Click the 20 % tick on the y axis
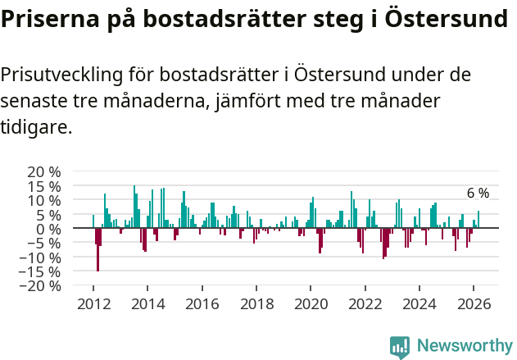click(44, 171)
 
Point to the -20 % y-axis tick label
click(41, 286)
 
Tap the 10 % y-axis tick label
click(44, 200)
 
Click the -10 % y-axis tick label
click(41, 257)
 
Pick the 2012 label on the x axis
click(93, 303)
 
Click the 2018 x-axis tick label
click(256, 303)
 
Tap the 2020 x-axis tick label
click(311, 303)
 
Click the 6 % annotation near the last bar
click(478, 194)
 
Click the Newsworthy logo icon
click(400, 347)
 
